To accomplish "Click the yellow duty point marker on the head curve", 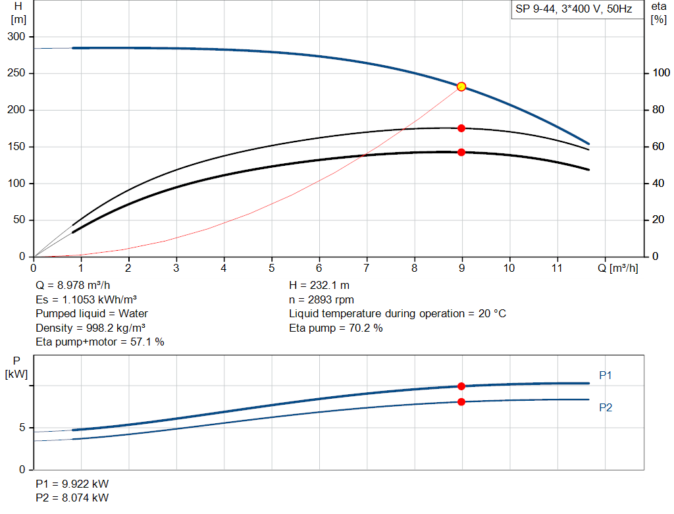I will click(461, 86).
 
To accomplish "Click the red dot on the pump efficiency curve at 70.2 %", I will click(461, 128).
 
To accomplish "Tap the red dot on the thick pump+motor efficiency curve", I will click(461, 152).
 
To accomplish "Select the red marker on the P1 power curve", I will click(461, 386).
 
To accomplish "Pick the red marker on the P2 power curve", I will click(461, 401).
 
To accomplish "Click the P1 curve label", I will click(606, 375).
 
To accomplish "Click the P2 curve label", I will click(606, 407).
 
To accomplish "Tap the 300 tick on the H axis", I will click(19, 37).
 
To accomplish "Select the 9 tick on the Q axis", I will click(462, 268).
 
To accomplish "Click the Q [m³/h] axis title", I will click(618, 268).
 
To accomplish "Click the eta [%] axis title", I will click(658, 13).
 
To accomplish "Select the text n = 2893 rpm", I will click(321, 299).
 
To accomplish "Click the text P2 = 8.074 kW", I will click(72, 498).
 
